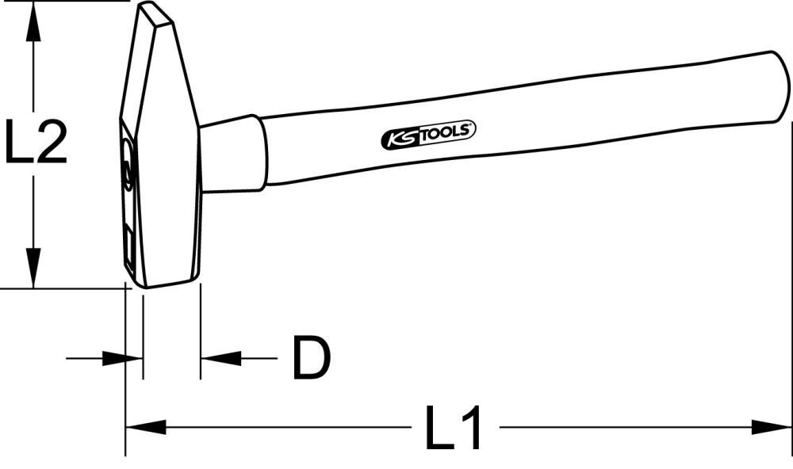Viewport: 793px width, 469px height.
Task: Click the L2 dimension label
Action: [x=35, y=143]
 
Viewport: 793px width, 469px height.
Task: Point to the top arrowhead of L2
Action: [x=33, y=24]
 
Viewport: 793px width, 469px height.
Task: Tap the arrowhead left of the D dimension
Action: [x=116, y=358]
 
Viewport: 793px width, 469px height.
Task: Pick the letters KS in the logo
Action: [x=401, y=138]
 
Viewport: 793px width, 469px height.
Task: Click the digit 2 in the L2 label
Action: [x=51, y=143]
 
